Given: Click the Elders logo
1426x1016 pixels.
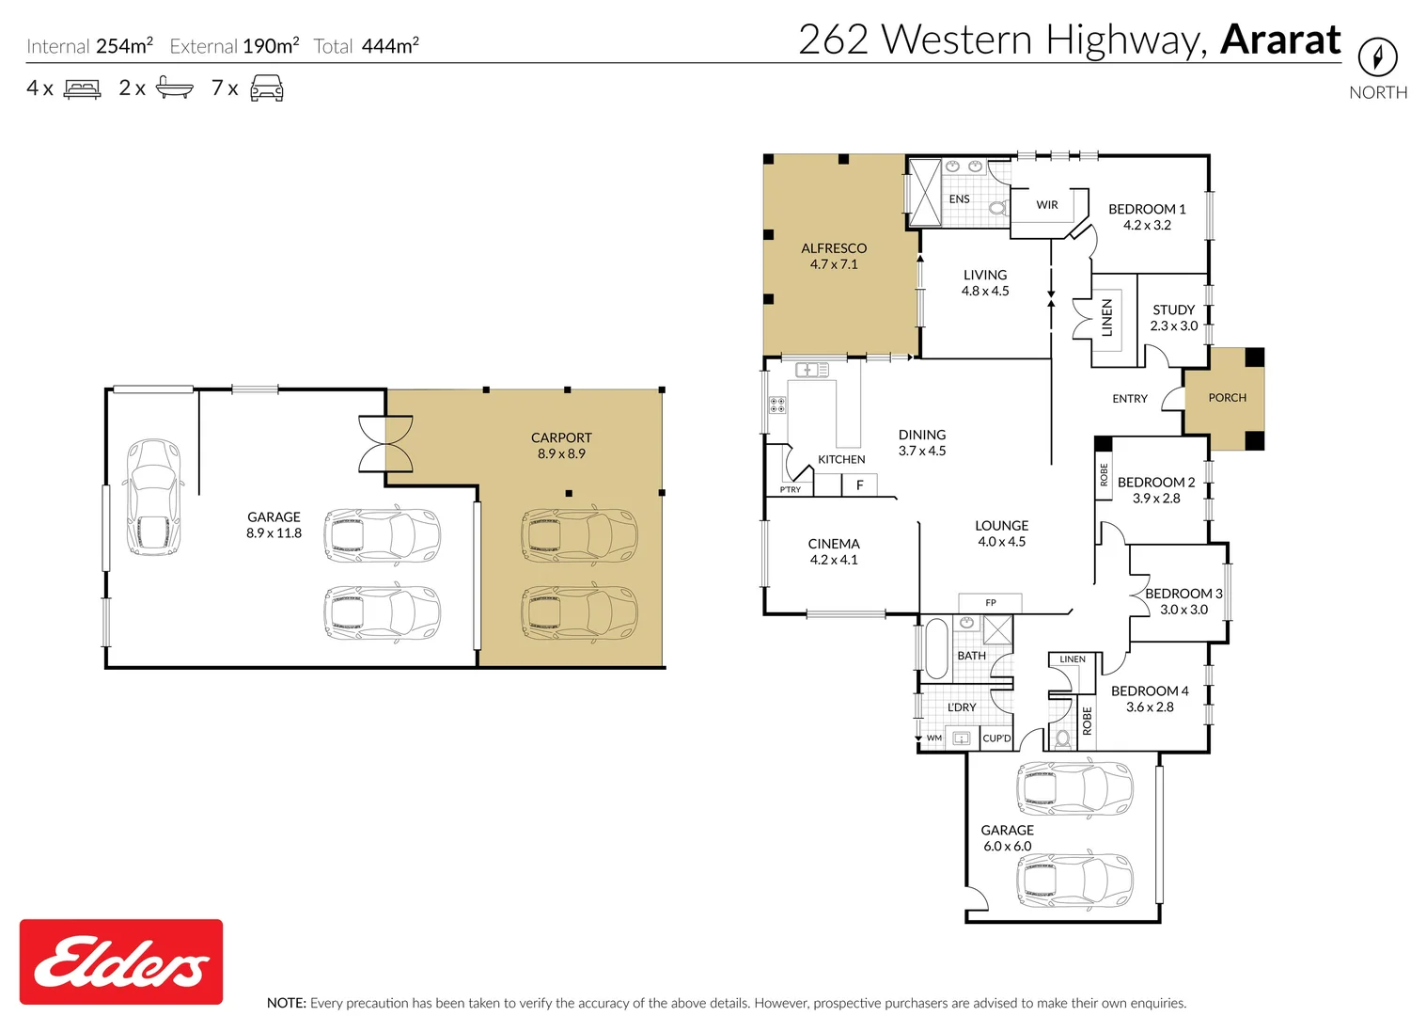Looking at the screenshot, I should coord(121,961).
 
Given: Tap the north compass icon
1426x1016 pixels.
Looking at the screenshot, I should coord(1377,57).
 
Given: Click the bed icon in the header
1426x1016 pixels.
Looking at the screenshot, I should coord(82,89).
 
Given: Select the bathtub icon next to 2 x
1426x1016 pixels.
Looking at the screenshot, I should coord(174,88).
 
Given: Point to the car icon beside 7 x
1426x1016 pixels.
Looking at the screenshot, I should coord(266,88).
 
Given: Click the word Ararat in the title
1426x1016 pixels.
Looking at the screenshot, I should coord(1280,40).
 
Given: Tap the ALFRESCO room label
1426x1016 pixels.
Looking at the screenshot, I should coord(834,248).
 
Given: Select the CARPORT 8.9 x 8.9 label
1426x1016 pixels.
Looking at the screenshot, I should coord(561,445).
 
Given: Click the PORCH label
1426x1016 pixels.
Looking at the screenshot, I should coord(1227,398).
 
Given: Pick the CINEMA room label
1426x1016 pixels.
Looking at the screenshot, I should coord(834,544).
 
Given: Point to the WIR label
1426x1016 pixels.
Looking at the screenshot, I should coord(1047,205).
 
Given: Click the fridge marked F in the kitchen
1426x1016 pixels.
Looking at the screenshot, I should coord(859,485).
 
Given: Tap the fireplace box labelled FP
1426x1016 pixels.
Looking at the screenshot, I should coord(990,603).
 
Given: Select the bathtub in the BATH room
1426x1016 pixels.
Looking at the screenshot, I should coord(936,648).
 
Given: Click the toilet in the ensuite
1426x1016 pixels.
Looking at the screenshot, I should coord(997,207).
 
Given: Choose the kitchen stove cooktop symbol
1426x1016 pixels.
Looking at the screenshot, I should coord(777,405).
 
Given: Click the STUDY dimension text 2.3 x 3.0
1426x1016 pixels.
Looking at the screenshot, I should coord(1174,326).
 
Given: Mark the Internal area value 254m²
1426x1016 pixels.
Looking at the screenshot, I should coord(124,46).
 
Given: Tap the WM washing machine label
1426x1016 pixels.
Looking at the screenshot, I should coord(933,738).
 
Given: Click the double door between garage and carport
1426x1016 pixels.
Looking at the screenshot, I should coord(385,443).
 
